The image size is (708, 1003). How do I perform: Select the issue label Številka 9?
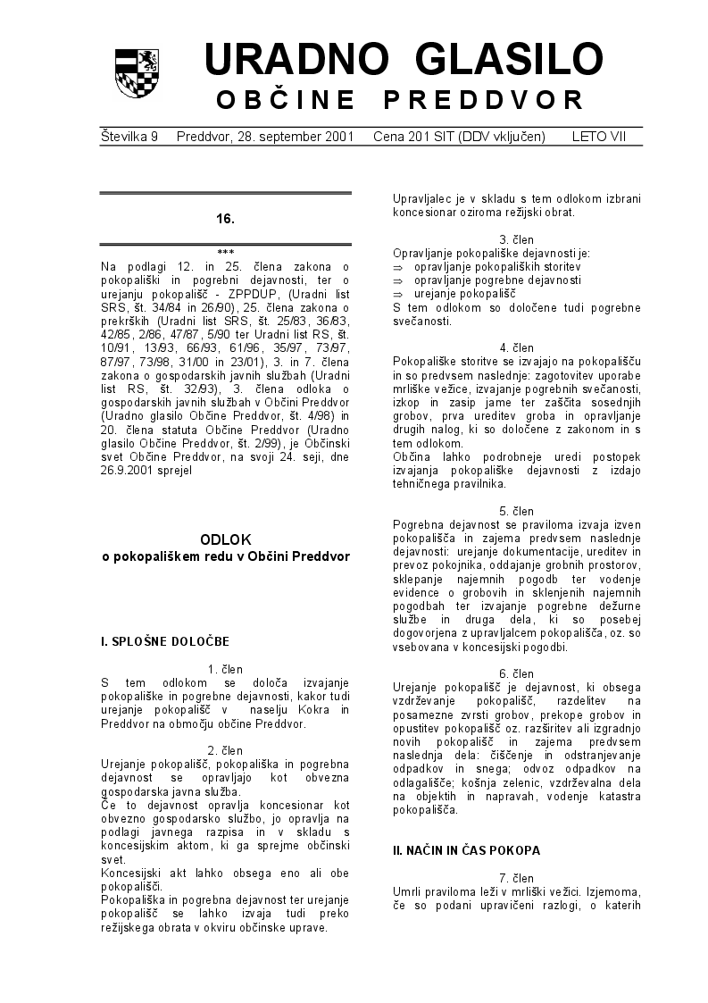129,137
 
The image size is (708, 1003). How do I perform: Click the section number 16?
225,219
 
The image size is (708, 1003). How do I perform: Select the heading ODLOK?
225,539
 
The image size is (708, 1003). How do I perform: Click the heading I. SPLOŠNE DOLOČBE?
165,641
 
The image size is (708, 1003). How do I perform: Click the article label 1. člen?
225,669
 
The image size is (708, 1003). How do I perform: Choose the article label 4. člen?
516,347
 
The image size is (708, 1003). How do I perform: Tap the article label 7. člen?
516,879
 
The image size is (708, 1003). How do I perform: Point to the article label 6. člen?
516,673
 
